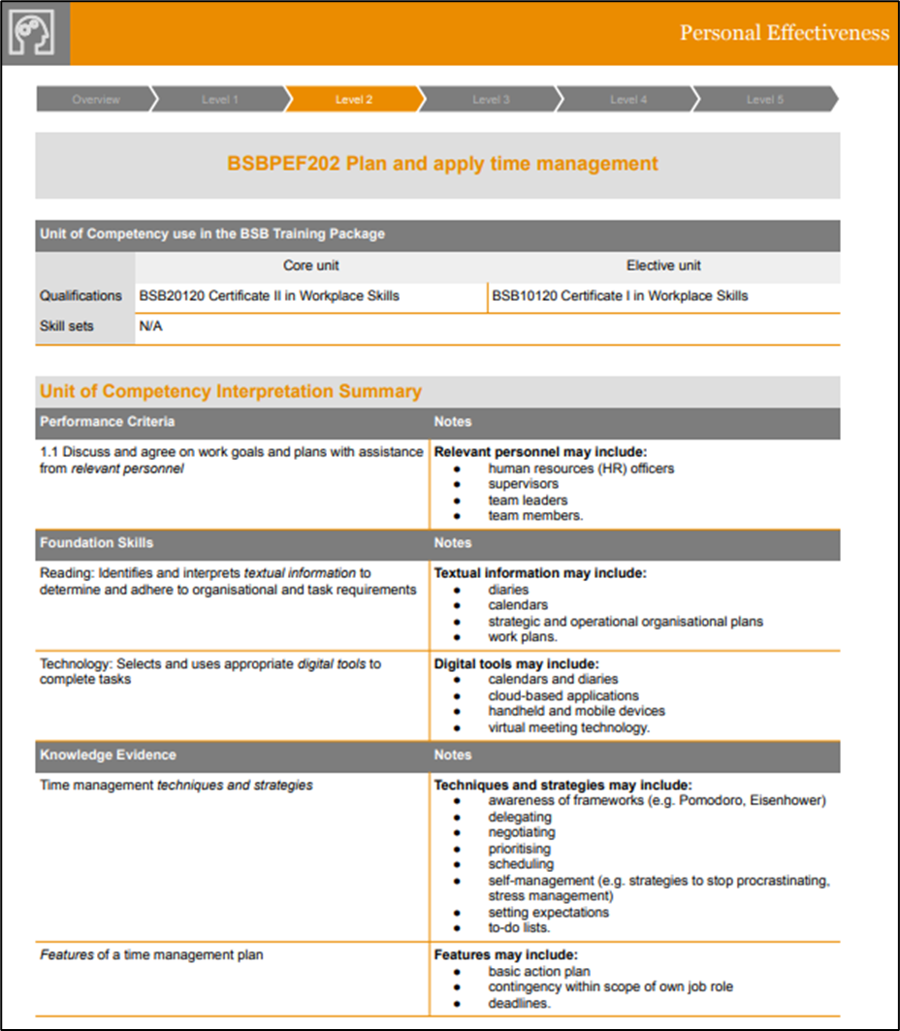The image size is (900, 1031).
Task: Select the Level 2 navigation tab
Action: point(354,99)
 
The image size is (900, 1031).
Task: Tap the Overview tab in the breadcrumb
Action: point(95,99)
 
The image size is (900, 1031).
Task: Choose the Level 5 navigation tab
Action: point(765,99)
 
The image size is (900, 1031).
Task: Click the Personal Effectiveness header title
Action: point(784,33)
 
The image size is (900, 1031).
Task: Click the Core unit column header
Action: point(310,266)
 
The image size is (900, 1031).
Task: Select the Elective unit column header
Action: point(663,266)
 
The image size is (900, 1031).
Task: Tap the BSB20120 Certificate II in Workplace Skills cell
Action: point(270,296)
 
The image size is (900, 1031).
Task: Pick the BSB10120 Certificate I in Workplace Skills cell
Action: point(620,296)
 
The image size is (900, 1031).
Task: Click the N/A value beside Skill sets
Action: point(150,326)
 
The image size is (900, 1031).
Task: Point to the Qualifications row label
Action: point(80,296)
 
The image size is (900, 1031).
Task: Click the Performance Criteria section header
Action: point(108,422)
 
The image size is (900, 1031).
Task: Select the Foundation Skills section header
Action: point(96,543)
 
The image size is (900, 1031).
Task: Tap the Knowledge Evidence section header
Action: point(108,755)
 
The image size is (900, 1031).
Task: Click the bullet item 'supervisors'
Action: point(523,484)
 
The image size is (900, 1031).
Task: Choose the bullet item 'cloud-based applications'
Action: point(563,695)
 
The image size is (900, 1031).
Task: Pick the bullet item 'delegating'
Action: point(520,817)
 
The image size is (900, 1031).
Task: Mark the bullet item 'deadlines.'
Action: point(519,1003)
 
